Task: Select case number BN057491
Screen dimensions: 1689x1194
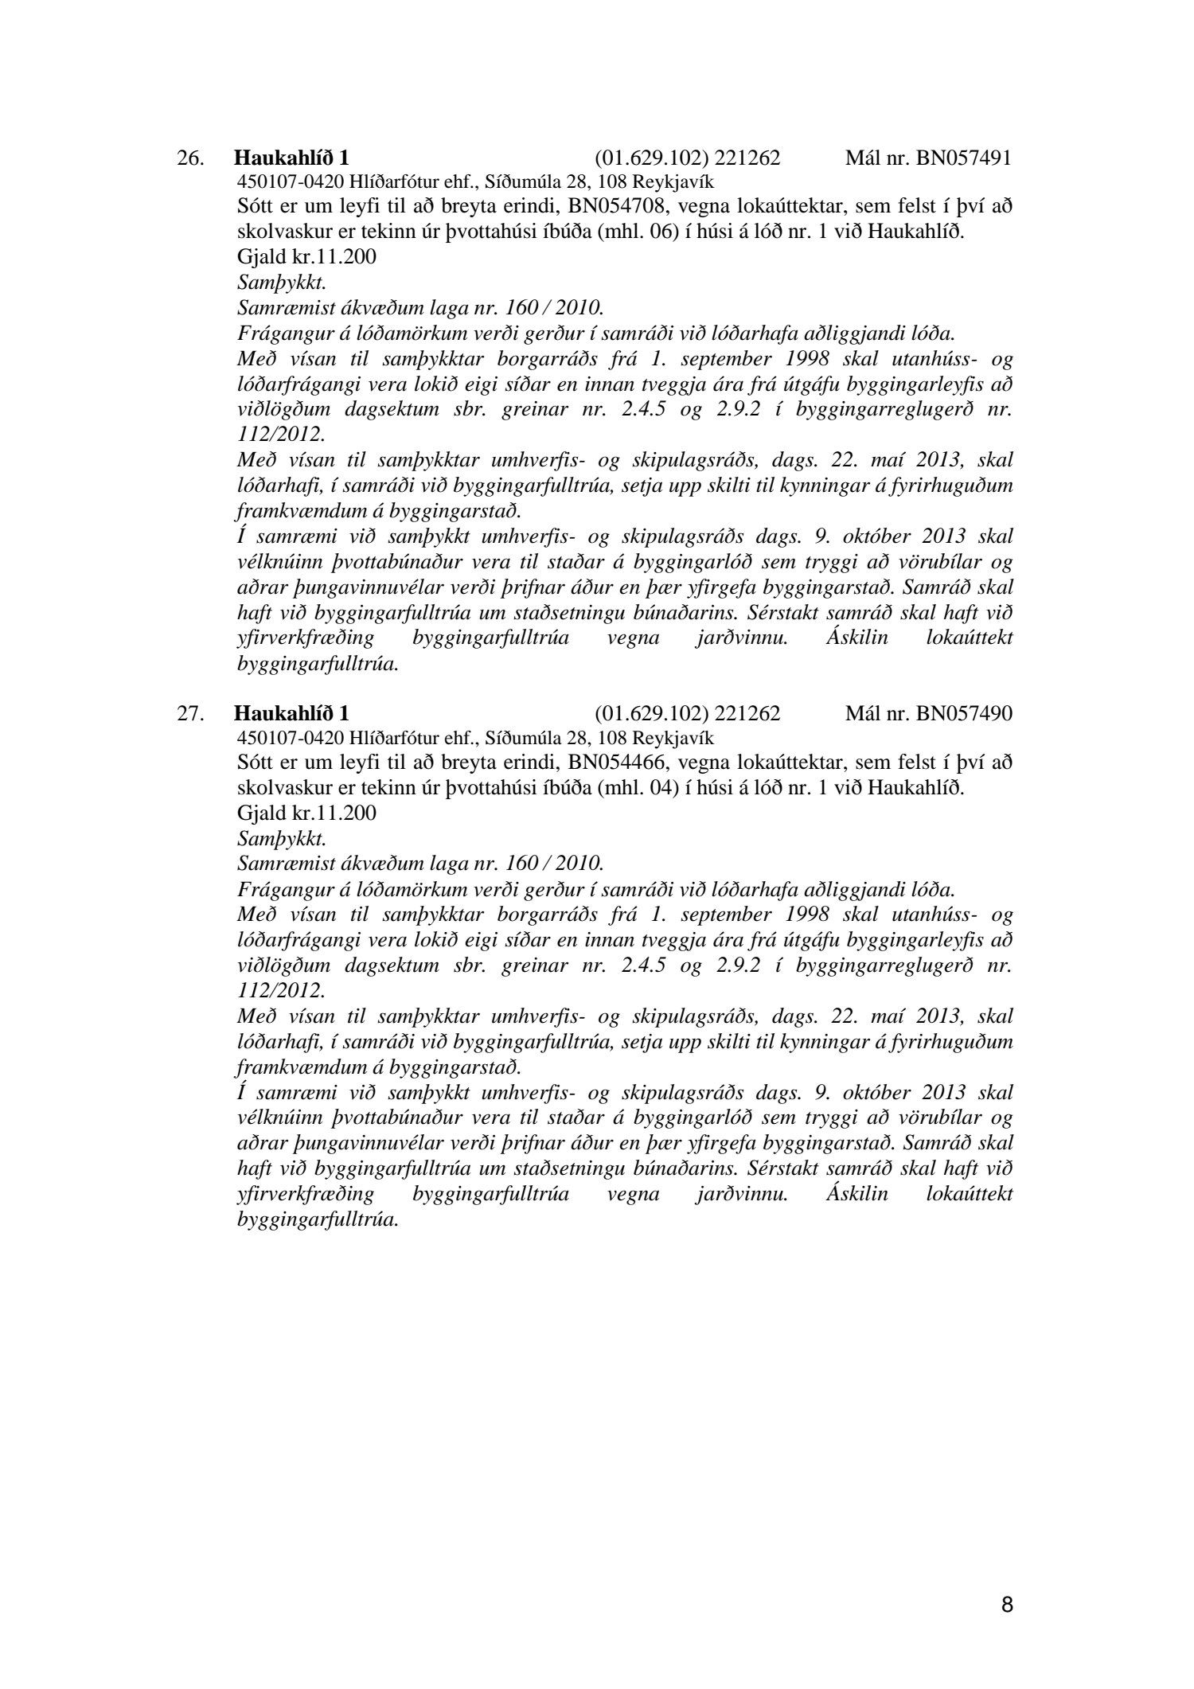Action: click(963, 158)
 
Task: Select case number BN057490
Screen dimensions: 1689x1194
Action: click(963, 712)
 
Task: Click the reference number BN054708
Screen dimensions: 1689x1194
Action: click(615, 207)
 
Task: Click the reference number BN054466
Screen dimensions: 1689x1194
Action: click(615, 763)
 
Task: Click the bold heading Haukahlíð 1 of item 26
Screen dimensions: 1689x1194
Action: click(291, 158)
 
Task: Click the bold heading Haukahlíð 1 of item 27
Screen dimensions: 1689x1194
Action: click(291, 712)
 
